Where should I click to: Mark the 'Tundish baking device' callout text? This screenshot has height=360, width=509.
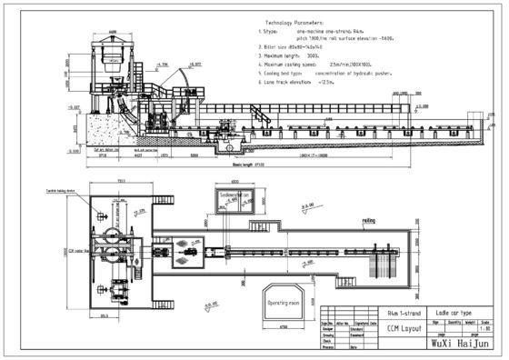[102, 193]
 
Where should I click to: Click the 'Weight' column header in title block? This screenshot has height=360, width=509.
[470, 320]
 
